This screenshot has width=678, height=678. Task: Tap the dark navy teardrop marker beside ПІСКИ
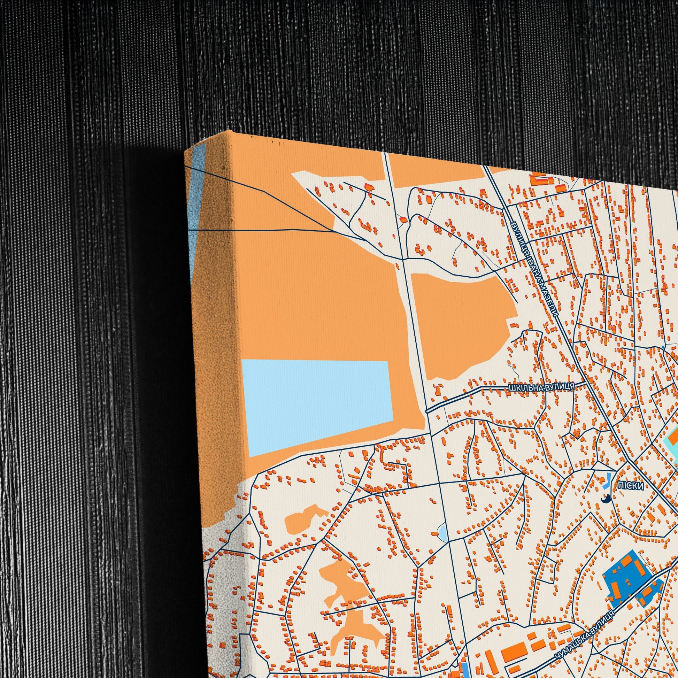[x=605, y=498]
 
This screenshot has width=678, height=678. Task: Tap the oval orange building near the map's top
[x=403, y=220]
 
